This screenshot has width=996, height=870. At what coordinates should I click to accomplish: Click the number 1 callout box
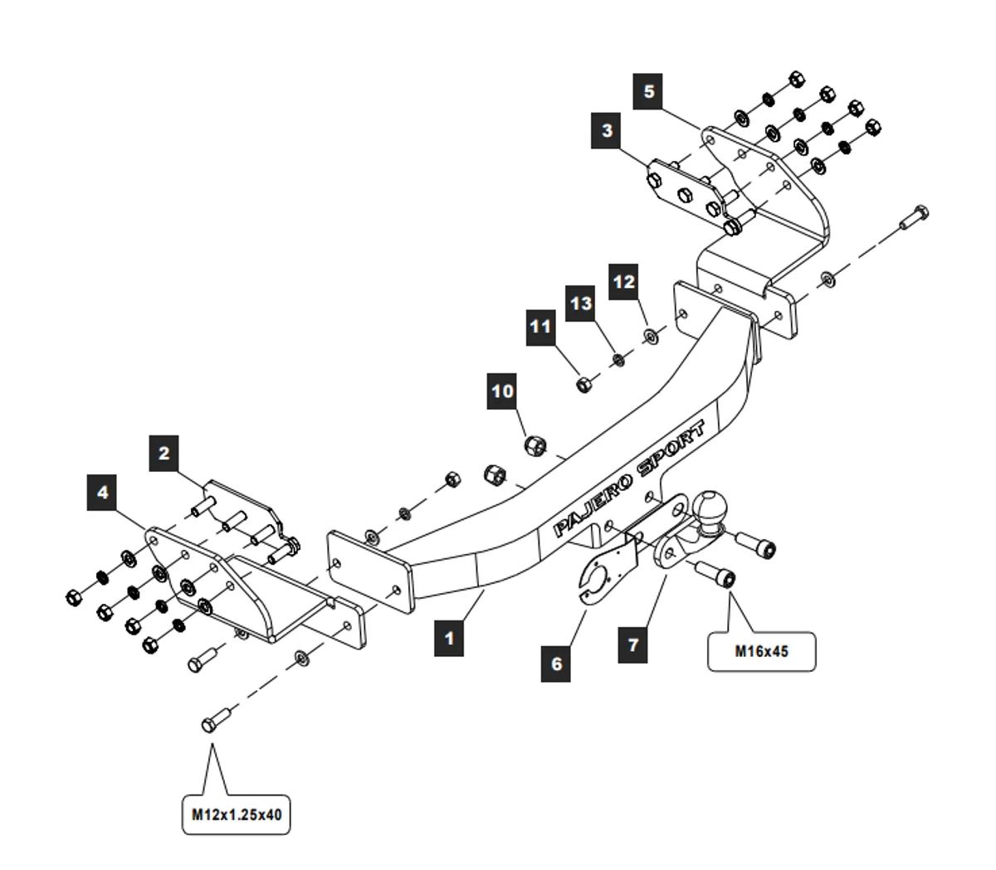pyautogui.click(x=449, y=638)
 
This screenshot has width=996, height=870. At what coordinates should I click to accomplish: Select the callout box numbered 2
pyautogui.click(x=164, y=453)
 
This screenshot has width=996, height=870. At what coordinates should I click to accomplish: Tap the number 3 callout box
pyautogui.click(x=608, y=131)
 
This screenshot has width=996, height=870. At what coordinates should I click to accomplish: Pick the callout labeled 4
pyautogui.click(x=102, y=493)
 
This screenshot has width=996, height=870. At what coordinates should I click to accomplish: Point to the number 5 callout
pyautogui.click(x=649, y=90)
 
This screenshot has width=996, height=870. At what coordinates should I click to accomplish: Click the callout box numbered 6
pyautogui.click(x=556, y=663)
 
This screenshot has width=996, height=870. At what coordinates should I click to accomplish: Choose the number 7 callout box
pyautogui.click(x=633, y=644)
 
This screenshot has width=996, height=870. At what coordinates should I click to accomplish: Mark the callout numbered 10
pyautogui.click(x=503, y=391)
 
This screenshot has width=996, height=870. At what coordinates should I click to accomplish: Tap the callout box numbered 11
pyautogui.click(x=540, y=327)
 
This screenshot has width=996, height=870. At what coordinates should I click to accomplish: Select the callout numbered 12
pyautogui.click(x=623, y=282)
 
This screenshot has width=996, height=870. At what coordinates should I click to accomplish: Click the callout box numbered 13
pyautogui.click(x=581, y=304)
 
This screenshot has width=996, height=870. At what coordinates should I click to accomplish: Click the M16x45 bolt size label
pyautogui.click(x=761, y=651)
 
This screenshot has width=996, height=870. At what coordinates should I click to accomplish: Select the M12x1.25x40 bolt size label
pyautogui.click(x=237, y=814)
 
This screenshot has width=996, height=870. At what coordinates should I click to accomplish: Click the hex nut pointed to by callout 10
pyautogui.click(x=535, y=447)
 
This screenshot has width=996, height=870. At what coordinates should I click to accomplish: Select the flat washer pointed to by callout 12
pyautogui.click(x=650, y=336)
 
